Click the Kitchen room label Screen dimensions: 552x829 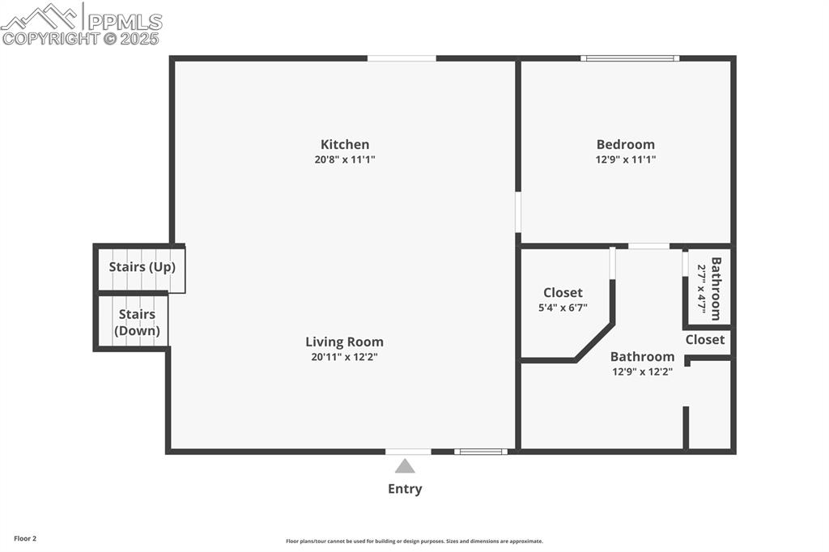[x=345, y=145]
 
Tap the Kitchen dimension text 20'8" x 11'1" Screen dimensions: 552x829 [x=345, y=160]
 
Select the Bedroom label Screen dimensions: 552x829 [x=626, y=145]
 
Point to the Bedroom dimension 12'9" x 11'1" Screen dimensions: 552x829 [x=626, y=160]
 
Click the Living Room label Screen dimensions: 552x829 [x=344, y=342]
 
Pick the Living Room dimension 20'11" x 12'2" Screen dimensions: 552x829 [x=344, y=357]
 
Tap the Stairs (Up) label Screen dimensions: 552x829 [x=142, y=267]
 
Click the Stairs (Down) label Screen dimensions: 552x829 [x=137, y=322]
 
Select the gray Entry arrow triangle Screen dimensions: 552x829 [x=405, y=466]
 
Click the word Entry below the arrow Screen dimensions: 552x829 [x=405, y=489]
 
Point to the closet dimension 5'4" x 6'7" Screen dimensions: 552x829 [x=563, y=308]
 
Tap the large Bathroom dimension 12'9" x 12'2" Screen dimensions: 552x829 [x=642, y=372]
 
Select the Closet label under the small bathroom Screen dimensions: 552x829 [x=705, y=340]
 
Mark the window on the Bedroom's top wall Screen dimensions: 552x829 [x=630, y=58]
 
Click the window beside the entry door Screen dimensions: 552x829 [x=481, y=452]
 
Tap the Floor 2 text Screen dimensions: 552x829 [x=25, y=538]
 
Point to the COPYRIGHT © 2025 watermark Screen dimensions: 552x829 [x=81, y=38]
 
